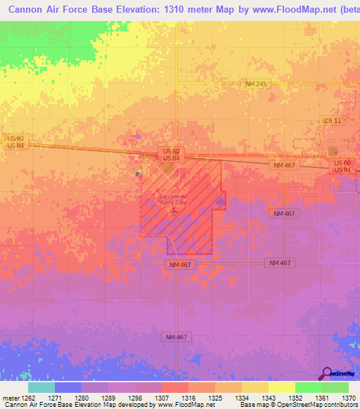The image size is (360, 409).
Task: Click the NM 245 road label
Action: coord(257,84)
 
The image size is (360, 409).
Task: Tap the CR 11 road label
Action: coord(333,121)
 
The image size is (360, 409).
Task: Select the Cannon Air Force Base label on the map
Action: coord(174,200)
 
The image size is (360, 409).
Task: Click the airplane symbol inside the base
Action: coord(173,212)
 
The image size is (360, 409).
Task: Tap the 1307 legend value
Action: coord(162,398)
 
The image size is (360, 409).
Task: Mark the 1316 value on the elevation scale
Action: coord(188,398)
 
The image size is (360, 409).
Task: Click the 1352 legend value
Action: coord(295,398)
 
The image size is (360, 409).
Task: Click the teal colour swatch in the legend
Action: coord(41,387)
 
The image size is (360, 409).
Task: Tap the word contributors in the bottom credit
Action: coord(341,405)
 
